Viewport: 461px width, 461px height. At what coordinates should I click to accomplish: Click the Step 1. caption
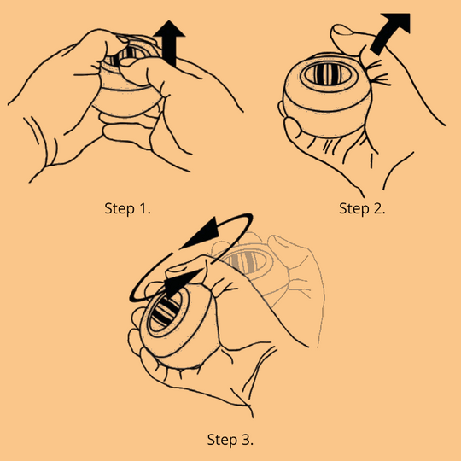click(127, 208)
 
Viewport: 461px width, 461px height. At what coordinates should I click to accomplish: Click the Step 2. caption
click(362, 208)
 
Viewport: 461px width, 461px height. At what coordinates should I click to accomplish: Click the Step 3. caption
click(230, 440)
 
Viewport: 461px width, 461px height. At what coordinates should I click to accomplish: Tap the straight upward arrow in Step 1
click(169, 44)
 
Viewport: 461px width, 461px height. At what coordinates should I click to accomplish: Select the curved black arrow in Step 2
click(389, 32)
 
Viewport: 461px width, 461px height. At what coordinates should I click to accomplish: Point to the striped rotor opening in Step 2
click(328, 74)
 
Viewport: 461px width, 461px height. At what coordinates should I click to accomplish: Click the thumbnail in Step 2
click(341, 29)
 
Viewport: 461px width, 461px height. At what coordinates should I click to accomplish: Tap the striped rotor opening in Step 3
click(166, 311)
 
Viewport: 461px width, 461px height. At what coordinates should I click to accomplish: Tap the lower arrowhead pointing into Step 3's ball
click(180, 283)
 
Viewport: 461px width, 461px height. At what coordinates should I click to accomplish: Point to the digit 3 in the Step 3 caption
click(246, 440)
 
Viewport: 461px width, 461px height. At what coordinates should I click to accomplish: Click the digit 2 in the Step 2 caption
click(377, 208)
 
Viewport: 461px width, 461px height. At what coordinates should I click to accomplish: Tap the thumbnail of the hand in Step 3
click(176, 268)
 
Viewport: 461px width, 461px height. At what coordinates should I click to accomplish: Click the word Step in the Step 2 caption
click(354, 209)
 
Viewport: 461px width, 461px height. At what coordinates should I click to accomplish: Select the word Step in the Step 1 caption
click(120, 209)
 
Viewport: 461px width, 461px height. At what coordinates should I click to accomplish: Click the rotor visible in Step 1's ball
click(125, 54)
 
